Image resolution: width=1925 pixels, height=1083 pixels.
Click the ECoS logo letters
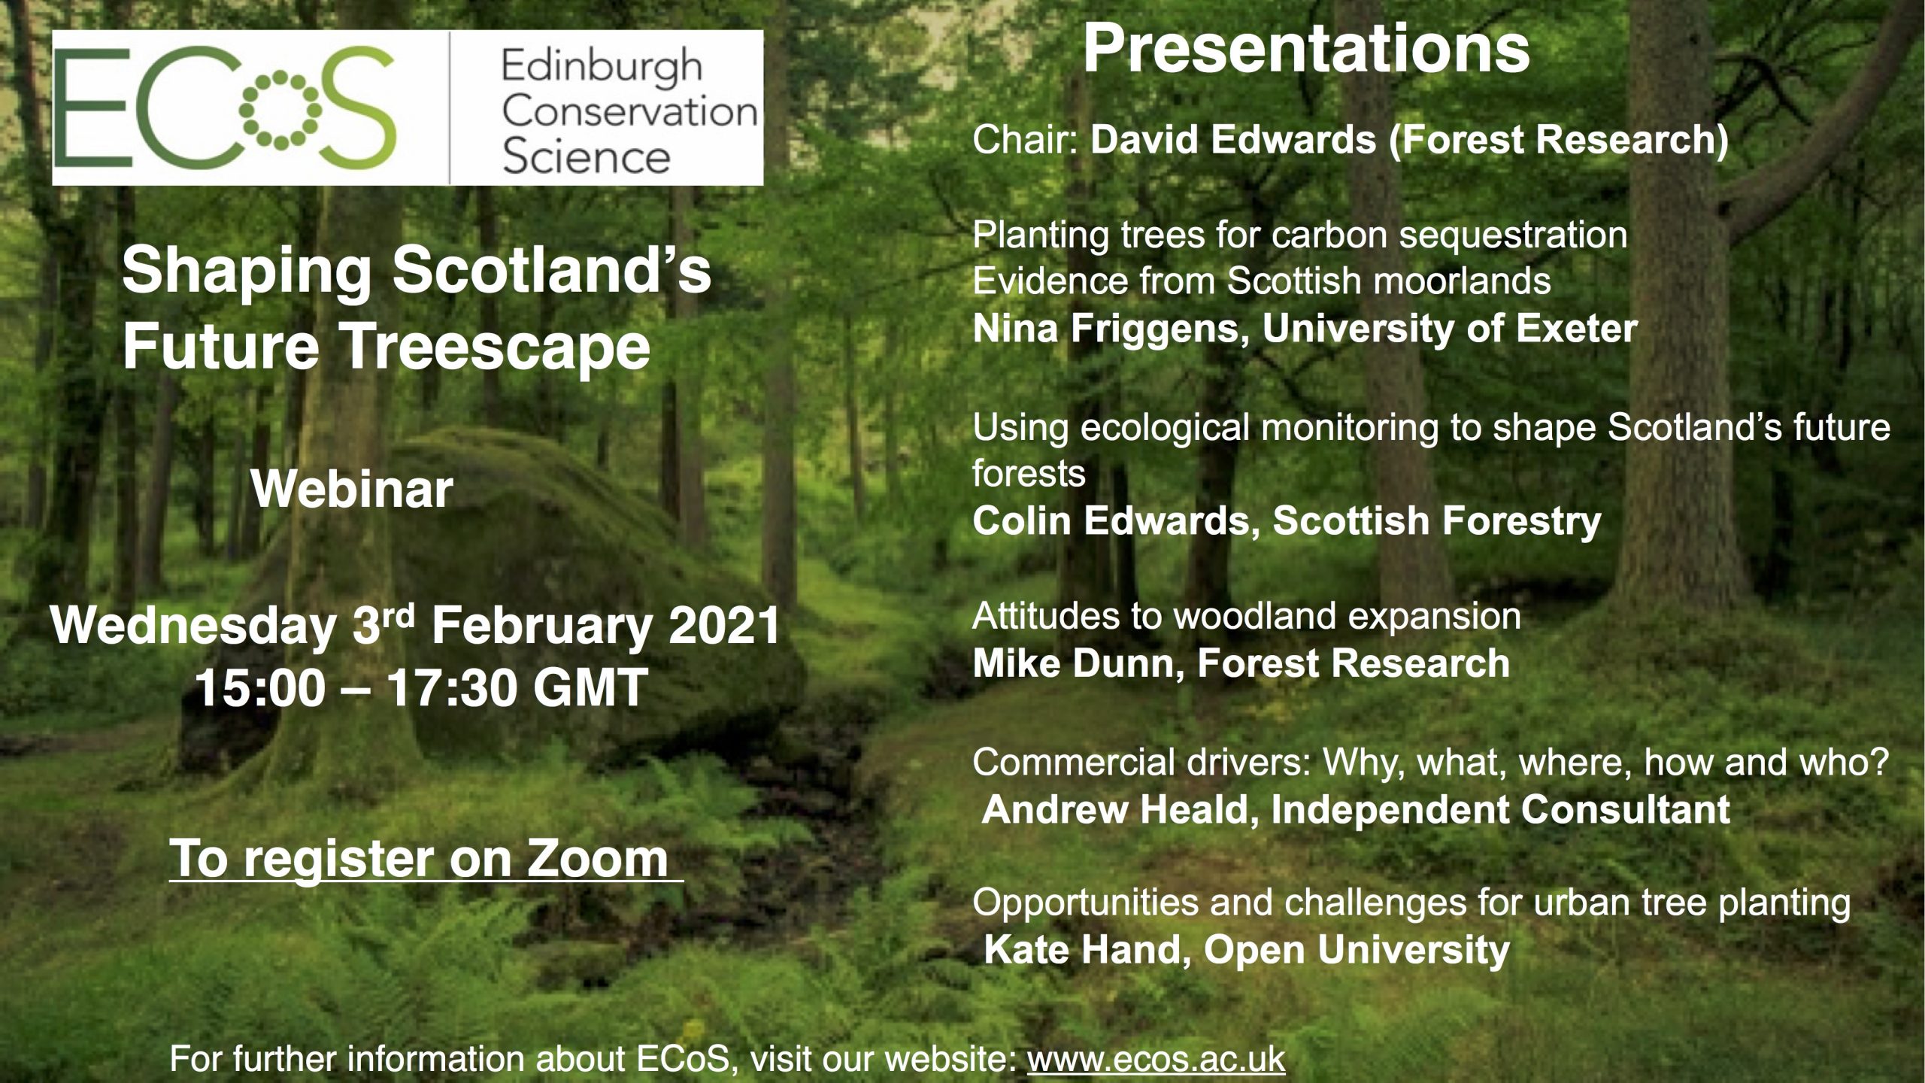(226, 108)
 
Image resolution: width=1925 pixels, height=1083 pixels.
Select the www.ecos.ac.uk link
(1156, 1060)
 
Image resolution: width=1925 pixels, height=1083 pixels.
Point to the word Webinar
(352, 490)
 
